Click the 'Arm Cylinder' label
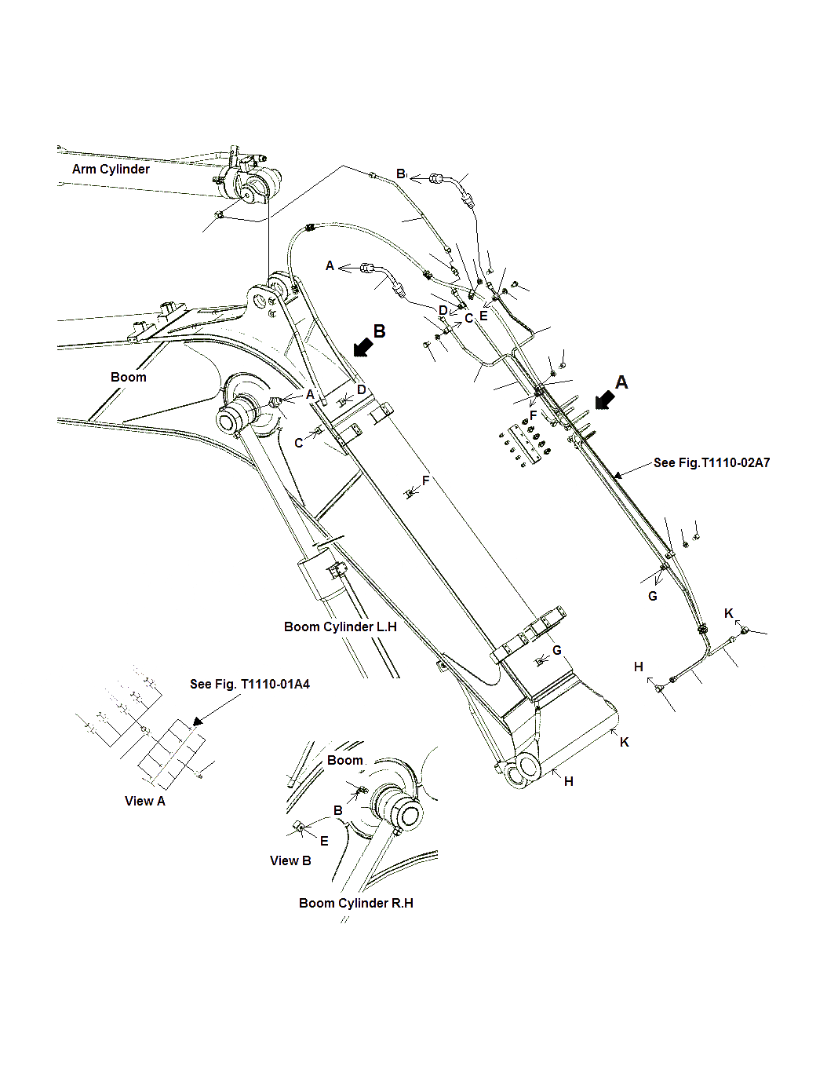pyautogui.click(x=111, y=170)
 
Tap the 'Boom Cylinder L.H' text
pyautogui.click(x=340, y=627)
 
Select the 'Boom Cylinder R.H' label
pyautogui.click(x=355, y=904)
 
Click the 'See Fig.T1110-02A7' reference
pyautogui.click(x=712, y=463)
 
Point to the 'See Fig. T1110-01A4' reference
pyautogui.click(x=250, y=685)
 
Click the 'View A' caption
pyautogui.click(x=144, y=802)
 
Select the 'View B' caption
pyautogui.click(x=290, y=861)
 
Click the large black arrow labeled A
pyautogui.click(x=604, y=400)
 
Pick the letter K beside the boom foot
pyautogui.click(x=625, y=743)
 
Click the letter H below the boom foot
pyautogui.click(x=569, y=782)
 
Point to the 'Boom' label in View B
pyautogui.click(x=344, y=761)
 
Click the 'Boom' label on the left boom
pyautogui.click(x=128, y=378)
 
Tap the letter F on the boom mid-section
pyautogui.click(x=426, y=481)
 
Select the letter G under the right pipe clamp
pyautogui.click(x=653, y=597)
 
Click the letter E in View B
pyautogui.click(x=324, y=842)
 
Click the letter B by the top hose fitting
pyautogui.click(x=400, y=174)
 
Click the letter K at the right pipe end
pyautogui.click(x=729, y=614)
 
